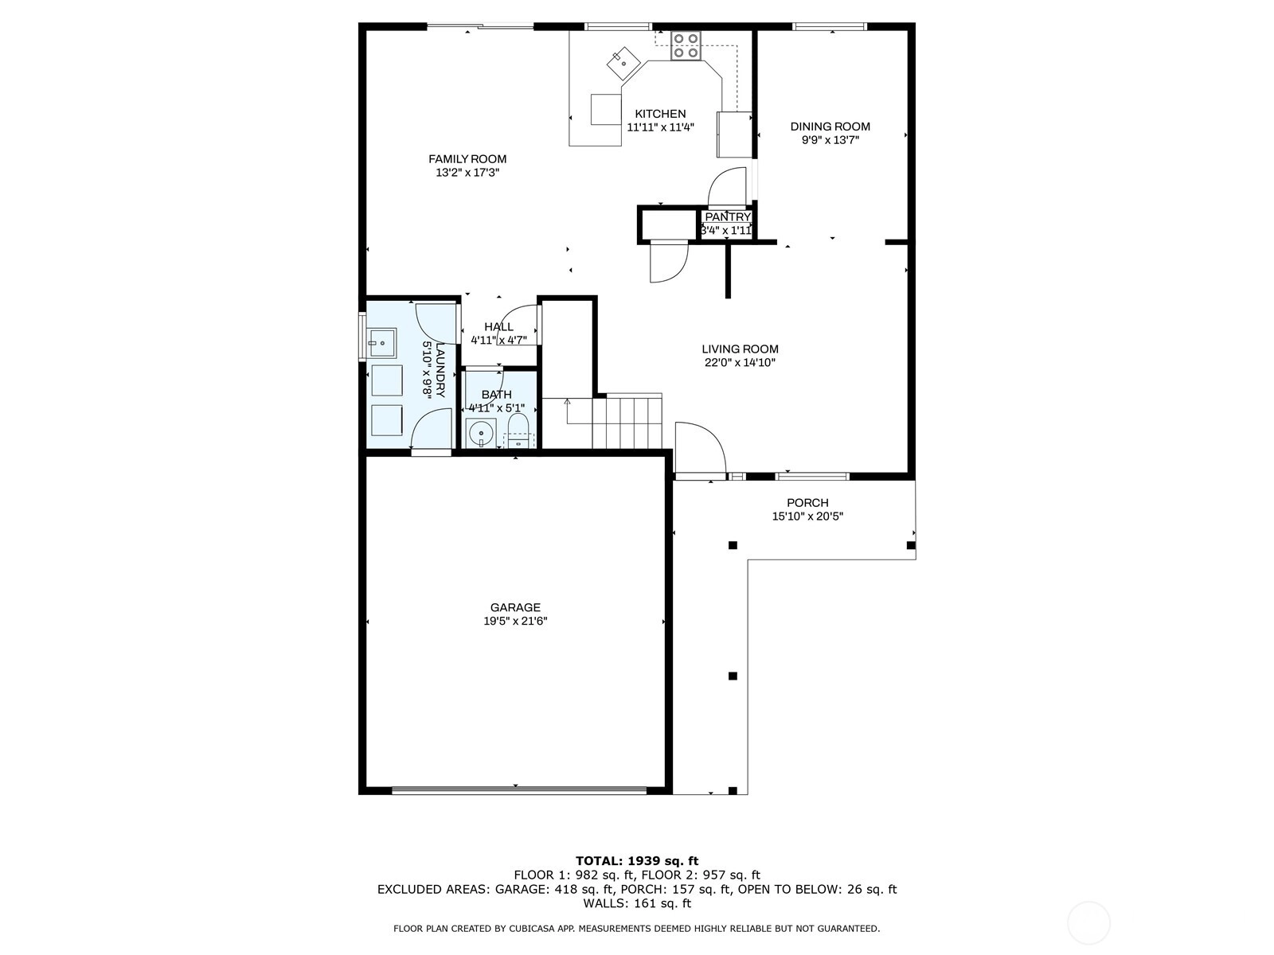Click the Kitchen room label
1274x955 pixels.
tap(660, 114)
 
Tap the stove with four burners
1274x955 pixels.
tap(686, 46)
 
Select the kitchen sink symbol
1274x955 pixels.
tap(623, 63)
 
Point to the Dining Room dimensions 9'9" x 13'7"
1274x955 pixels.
tap(830, 140)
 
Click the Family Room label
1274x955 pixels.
tap(467, 159)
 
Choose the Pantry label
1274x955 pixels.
tap(728, 216)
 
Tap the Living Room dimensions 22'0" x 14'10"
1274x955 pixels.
tap(740, 363)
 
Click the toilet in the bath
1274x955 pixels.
tap(517, 431)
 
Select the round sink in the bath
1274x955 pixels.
tap(481, 433)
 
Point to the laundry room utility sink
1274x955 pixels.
tap(382, 343)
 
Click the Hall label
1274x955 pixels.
tap(498, 327)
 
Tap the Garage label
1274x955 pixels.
tap(515, 608)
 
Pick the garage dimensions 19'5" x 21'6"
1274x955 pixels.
tap(515, 622)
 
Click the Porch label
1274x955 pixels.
tap(807, 503)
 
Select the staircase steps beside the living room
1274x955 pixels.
tap(627, 421)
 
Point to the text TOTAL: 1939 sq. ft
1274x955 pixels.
tap(637, 861)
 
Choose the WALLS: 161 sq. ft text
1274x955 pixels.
tap(637, 903)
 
